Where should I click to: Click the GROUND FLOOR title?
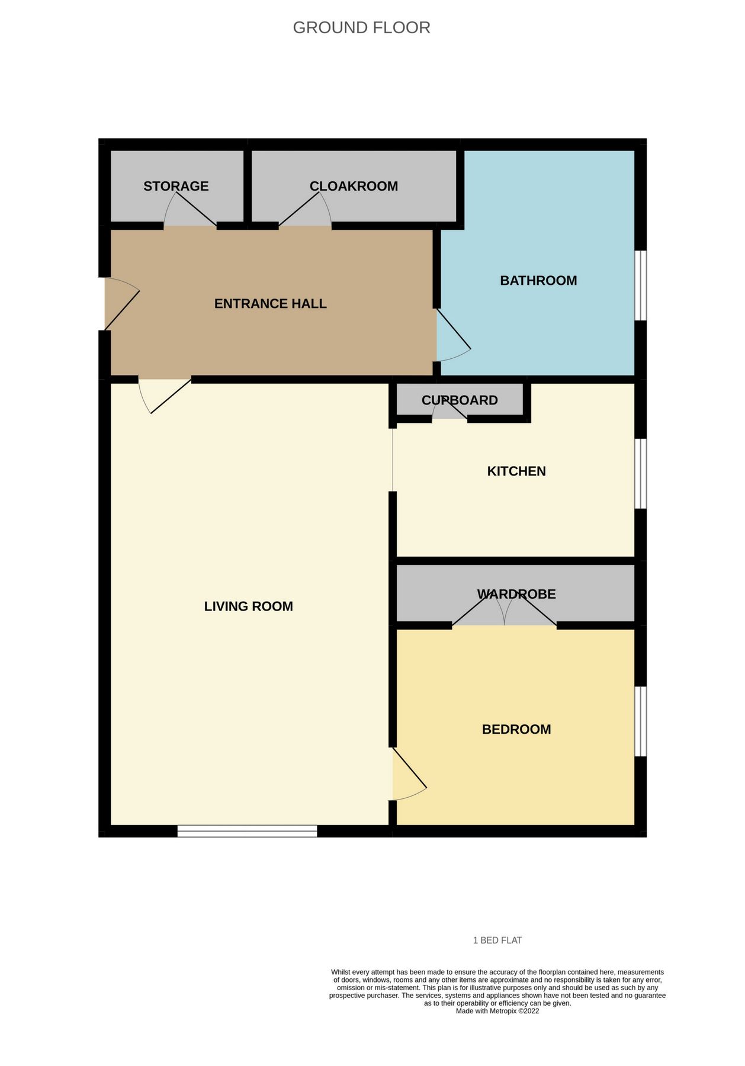(x=361, y=28)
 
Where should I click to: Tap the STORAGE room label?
(x=176, y=186)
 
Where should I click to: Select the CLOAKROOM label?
(x=354, y=186)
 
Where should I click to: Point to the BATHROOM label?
(x=538, y=281)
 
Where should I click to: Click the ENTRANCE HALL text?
(x=270, y=304)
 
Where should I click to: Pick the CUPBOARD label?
(x=460, y=400)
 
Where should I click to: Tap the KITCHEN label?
(x=516, y=471)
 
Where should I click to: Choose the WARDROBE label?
(x=516, y=594)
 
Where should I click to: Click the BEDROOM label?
(x=516, y=730)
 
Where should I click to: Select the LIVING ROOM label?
(x=248, y=606)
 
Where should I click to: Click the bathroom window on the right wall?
(x=641, y=285)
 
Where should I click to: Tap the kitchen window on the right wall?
(x=641, y=473)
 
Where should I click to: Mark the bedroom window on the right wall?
(x=641, y=721)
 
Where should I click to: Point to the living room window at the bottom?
(x=247, y=831)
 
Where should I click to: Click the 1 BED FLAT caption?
(x=497, y=940)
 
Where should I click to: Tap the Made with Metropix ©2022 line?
(x=497, y=1011)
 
